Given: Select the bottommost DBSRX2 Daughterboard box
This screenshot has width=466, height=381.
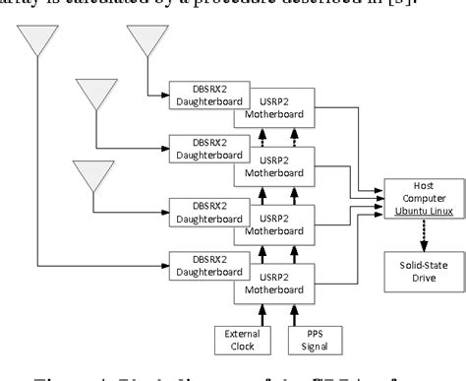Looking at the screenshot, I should click(x=200, y=264).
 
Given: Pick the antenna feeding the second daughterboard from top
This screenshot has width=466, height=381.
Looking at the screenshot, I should click(x=96, y=95).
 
